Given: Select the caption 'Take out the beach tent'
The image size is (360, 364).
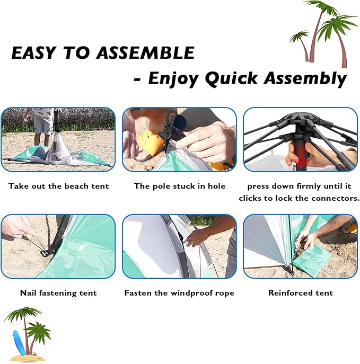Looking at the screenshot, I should [x=58, y=186].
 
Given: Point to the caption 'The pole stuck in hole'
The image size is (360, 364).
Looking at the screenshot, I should [x=180, y=186].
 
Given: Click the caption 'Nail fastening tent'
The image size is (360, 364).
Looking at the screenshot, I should [x=58, y=292].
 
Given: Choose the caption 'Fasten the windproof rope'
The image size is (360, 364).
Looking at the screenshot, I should [x=179, y=292].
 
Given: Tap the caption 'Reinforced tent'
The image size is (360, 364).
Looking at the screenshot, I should [x=301, y=292].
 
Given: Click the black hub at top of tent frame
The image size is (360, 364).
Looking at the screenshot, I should [x=301, y=118].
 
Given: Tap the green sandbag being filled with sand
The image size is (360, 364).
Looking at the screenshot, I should [x=312, y=260].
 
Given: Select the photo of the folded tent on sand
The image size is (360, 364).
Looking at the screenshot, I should [x=58, y=139].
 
